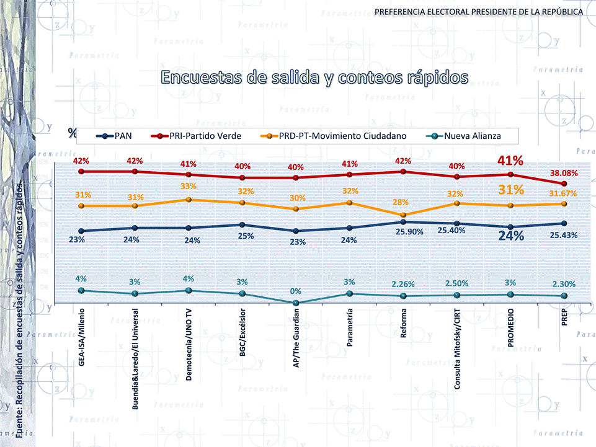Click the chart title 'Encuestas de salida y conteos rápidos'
[314, 77]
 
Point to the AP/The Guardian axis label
[296, 339]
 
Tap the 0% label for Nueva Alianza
[296, 291]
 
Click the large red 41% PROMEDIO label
[510, 161]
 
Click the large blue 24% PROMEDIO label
[511, 236]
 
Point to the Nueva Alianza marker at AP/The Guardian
[296, 303]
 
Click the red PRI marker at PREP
[564, 184]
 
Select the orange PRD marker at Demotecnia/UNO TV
[189, 200]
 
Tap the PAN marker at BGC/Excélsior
[242, 224]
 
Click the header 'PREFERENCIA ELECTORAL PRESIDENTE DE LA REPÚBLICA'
[478, 12]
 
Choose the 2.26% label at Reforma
[403, 285]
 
